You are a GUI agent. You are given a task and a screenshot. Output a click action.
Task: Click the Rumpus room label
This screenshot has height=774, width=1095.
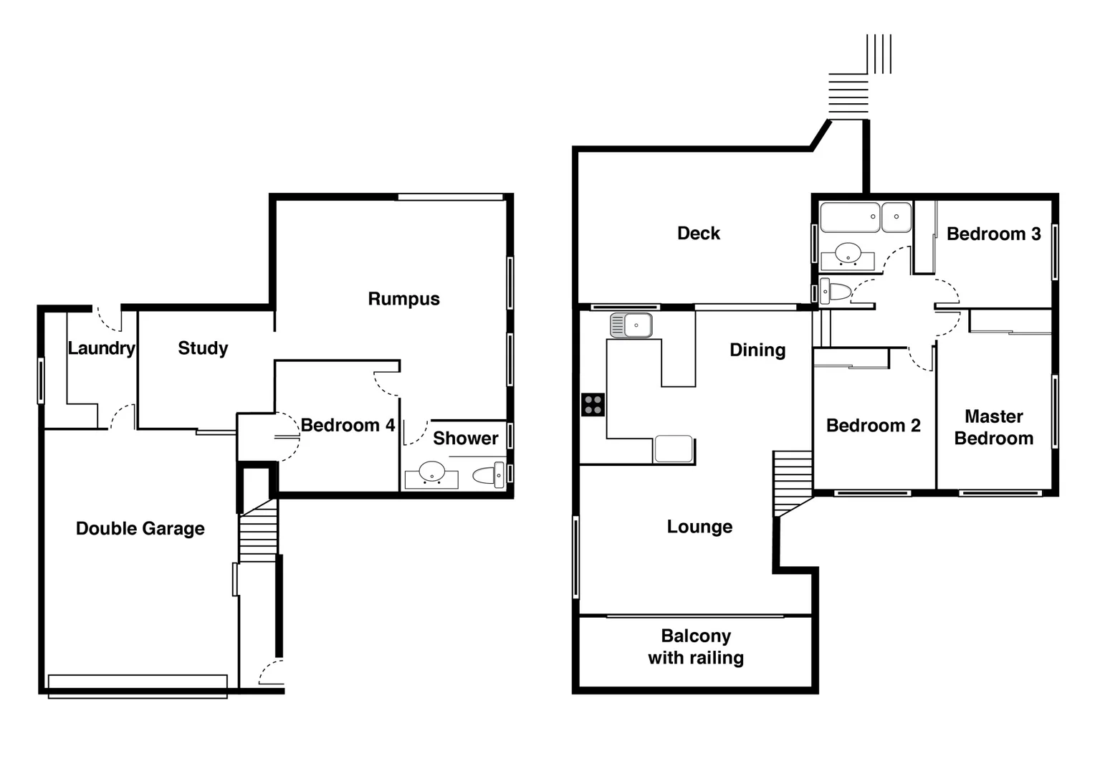(x=403, y=299)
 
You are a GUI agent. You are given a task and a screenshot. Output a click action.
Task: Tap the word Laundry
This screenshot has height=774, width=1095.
(x=101, y=348)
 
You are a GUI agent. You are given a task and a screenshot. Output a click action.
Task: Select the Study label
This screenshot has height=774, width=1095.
(x=203, y=348)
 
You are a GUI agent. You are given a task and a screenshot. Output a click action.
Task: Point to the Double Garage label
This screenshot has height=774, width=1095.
(x=140, y=529)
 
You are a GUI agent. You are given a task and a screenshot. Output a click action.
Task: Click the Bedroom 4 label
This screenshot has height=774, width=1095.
(x=348, y=426)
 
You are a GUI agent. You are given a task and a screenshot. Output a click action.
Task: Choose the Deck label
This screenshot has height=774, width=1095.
(x=699, y=234)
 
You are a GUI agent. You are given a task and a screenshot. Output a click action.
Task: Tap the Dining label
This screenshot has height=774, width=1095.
(x=757, y=350)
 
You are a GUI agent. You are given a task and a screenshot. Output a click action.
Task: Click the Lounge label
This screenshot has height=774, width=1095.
(x=699, y=527)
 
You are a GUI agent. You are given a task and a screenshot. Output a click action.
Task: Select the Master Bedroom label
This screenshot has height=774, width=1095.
(x=994, y=428)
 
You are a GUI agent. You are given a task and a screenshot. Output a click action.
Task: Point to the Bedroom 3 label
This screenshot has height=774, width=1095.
(x=993, y=234)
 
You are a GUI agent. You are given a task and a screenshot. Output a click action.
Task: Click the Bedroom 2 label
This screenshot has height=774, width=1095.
(x=873, y=426)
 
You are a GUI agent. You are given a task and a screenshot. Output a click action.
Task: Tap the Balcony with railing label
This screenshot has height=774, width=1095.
(x=696, y=647)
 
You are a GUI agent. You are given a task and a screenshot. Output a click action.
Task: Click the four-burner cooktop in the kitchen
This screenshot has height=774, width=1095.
(x=593, y=405)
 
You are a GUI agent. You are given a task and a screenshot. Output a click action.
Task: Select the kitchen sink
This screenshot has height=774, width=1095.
(x=631, y=325)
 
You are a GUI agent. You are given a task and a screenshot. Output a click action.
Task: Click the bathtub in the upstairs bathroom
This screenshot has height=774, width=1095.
(x=850, y=217)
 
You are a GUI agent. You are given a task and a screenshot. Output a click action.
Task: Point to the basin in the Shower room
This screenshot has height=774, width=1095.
(x=431, y=474)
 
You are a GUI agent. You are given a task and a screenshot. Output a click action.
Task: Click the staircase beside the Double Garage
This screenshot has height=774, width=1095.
(x=258, y=531)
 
